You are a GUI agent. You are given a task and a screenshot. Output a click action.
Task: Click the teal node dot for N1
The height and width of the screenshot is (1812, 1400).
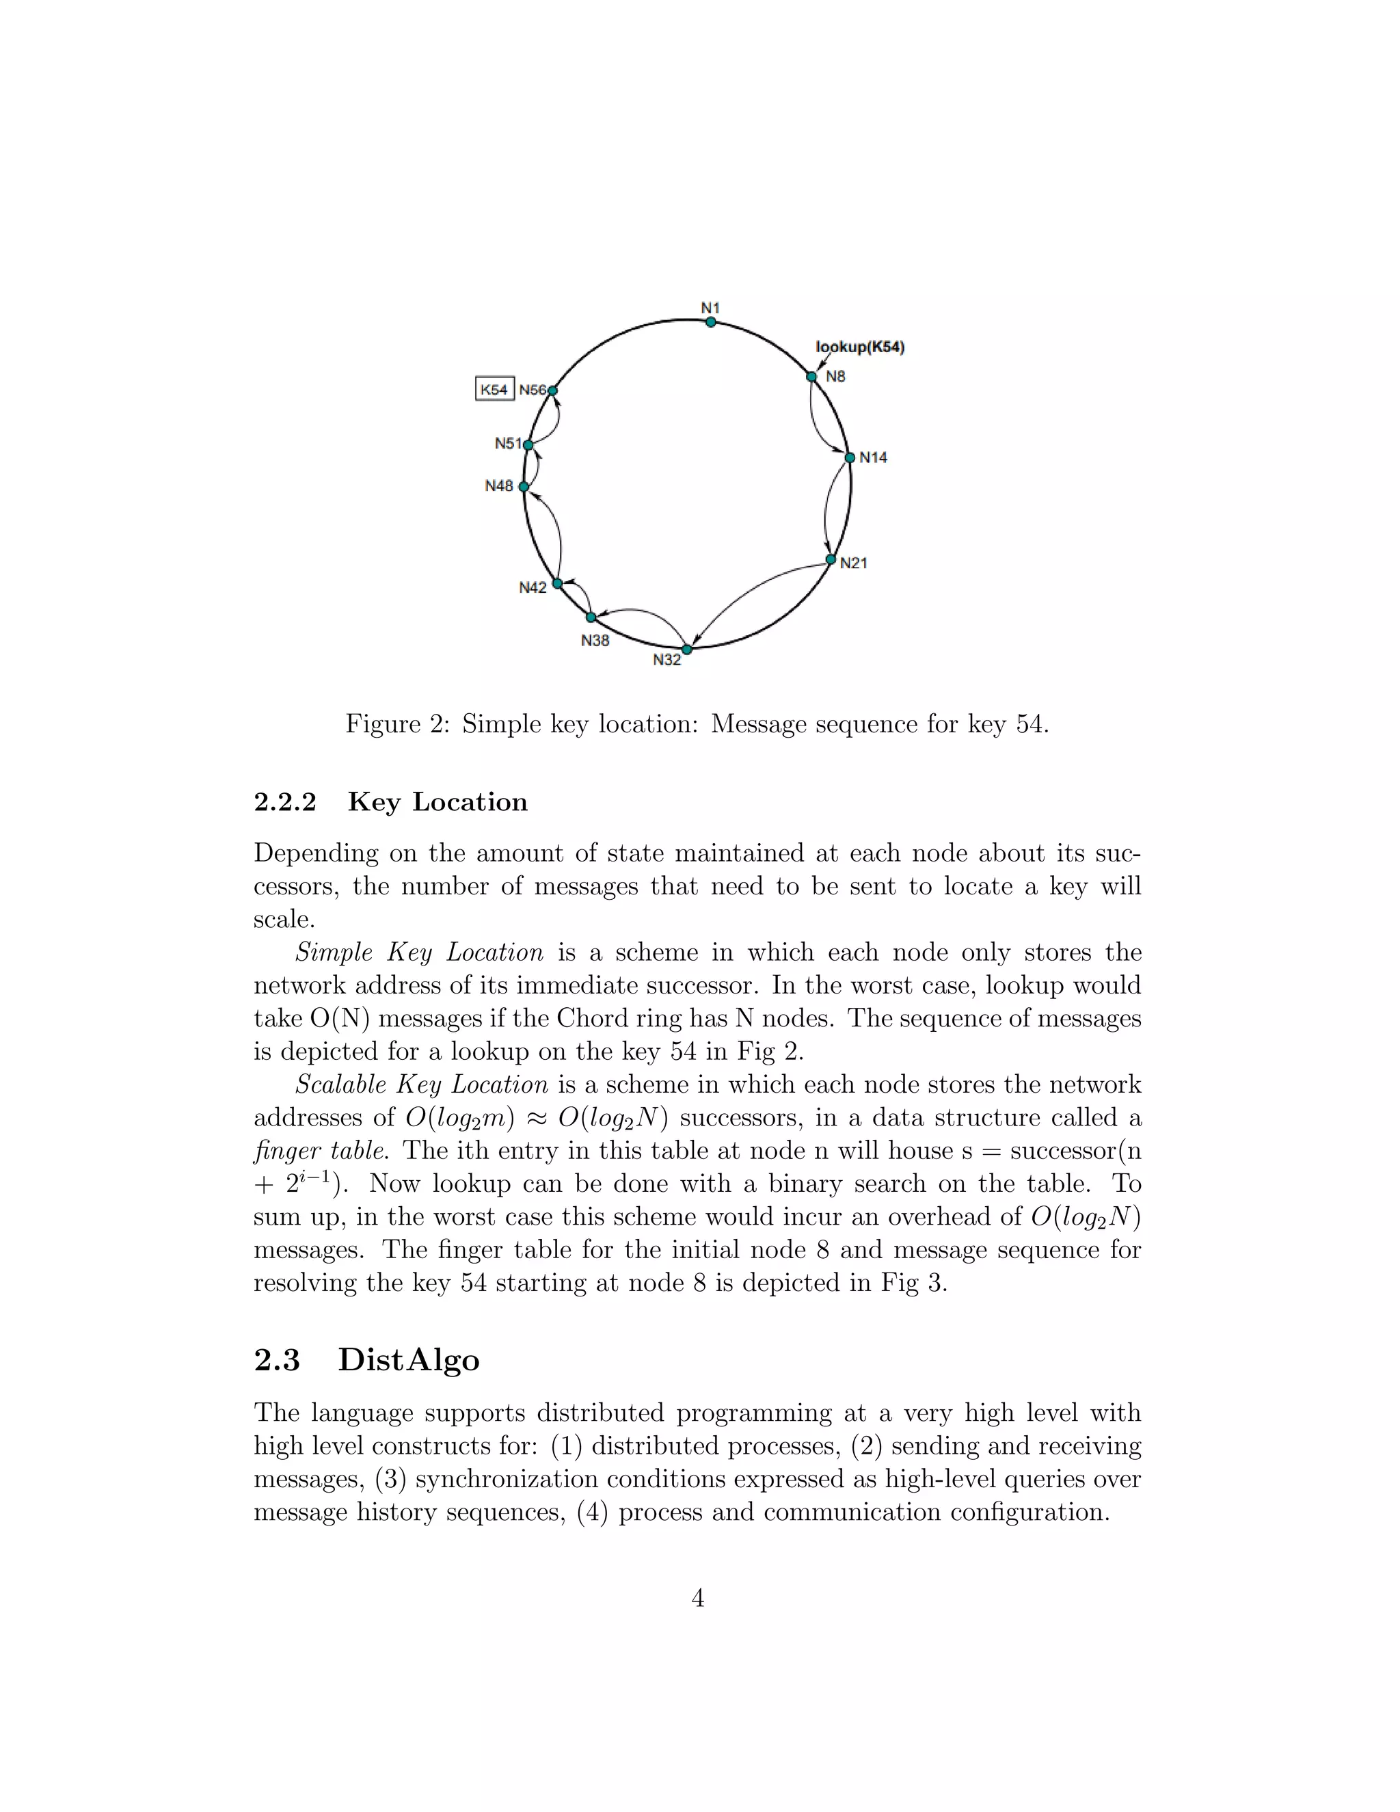click(711, 322)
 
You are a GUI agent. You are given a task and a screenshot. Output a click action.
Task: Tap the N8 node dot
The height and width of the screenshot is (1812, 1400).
click(811, 377)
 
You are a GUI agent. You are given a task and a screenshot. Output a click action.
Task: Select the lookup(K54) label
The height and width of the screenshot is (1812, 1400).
click(860, 347)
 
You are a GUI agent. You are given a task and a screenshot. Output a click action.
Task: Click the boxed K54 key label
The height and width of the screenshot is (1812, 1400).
click(494, 389)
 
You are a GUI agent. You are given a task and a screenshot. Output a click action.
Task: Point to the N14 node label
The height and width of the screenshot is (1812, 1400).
click(874, 457)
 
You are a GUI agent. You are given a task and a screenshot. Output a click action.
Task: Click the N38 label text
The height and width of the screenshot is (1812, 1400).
click(595, 641)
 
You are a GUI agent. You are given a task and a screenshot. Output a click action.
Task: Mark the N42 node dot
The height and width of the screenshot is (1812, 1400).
click(557, 584)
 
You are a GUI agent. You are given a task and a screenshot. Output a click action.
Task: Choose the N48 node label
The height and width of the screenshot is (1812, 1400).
click(499, 486)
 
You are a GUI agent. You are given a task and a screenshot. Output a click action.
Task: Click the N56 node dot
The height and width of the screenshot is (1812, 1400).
click(552, 390)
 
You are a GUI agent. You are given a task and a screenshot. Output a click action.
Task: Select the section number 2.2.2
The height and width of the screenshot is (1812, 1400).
click(284, 802)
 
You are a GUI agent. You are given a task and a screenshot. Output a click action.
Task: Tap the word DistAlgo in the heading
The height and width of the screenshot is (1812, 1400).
click(409, 1360)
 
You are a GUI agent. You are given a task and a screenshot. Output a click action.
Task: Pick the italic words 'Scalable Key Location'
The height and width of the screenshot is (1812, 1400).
click(421, 1084)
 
